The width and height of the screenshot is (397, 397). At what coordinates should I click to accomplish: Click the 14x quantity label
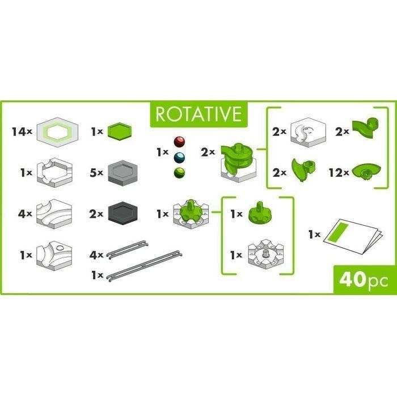coord(22,132)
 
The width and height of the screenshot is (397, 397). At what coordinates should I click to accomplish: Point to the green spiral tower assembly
coord(238,162)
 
